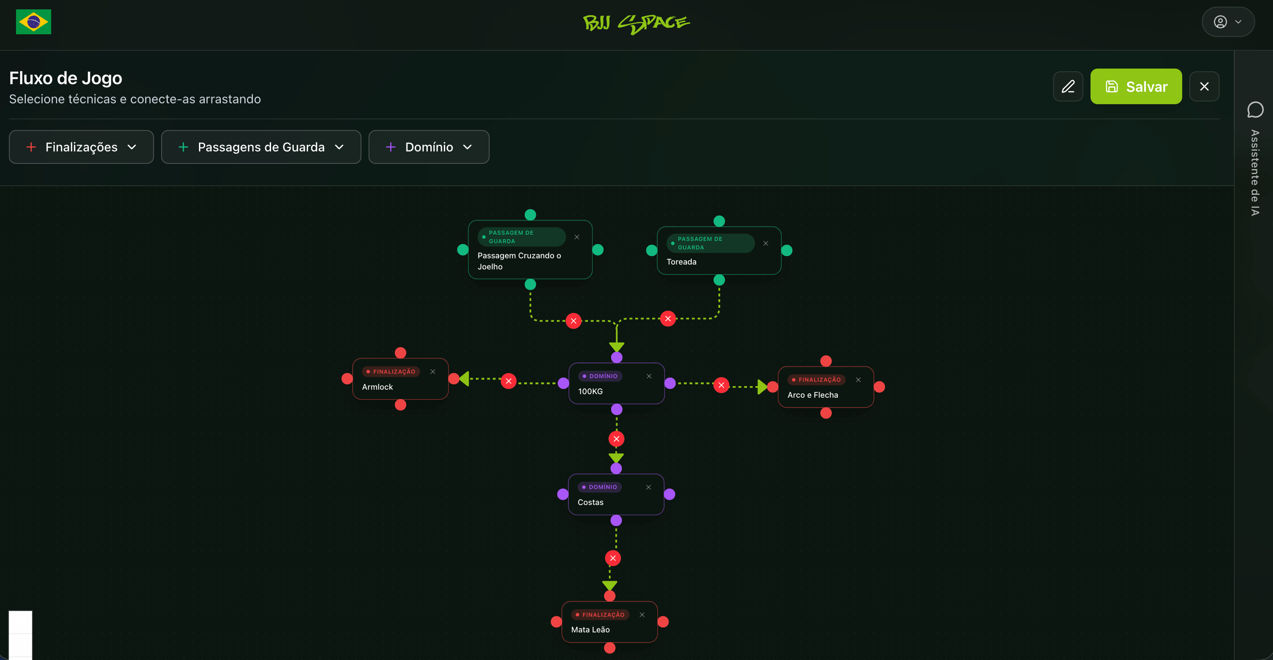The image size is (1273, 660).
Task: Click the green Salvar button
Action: point(1135,86)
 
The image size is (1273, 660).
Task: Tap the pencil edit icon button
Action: point(1068,86)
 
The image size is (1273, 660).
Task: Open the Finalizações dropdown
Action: point(81,147)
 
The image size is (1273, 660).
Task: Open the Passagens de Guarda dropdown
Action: point(261,147)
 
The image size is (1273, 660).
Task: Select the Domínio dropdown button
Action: point(429,147)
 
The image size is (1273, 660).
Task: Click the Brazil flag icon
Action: point(33,22)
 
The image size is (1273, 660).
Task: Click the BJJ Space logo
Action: point(636,23)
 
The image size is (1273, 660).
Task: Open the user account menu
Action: point(1228,22)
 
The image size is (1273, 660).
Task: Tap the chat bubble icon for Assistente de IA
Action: point(1255,110)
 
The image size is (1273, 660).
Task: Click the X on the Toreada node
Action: point(766,243)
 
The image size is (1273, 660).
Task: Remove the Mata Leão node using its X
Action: point(642,615)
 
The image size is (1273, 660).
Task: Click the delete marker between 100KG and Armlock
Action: point(508,381)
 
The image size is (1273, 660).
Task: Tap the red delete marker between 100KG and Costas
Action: point(616,439)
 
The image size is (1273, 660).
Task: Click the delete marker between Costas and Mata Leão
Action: point(613,558)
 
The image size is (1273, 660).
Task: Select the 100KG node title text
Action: point(590,391)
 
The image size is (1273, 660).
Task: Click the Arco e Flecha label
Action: point(812,395)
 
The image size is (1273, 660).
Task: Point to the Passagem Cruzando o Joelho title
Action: point(519,261)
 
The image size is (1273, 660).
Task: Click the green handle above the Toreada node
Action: point(719,221)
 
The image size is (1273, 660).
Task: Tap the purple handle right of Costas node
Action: point(669,494)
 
